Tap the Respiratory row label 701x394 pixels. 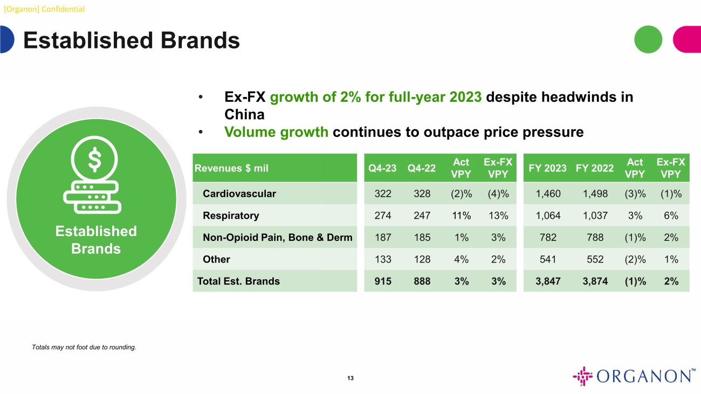tap(231, 216)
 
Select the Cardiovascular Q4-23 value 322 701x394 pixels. tap(382, 193)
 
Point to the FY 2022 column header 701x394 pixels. tap(594, 168)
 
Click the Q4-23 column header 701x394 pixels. tap(382, 168)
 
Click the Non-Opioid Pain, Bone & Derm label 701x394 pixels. tap(278, 237)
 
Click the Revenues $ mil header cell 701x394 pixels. tap(231, 168)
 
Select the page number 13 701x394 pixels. tap(350, 378)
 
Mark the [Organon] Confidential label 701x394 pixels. tap(44, 9)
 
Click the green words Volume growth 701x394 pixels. tap(277, 132)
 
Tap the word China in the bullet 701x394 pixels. tap(244, 115)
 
